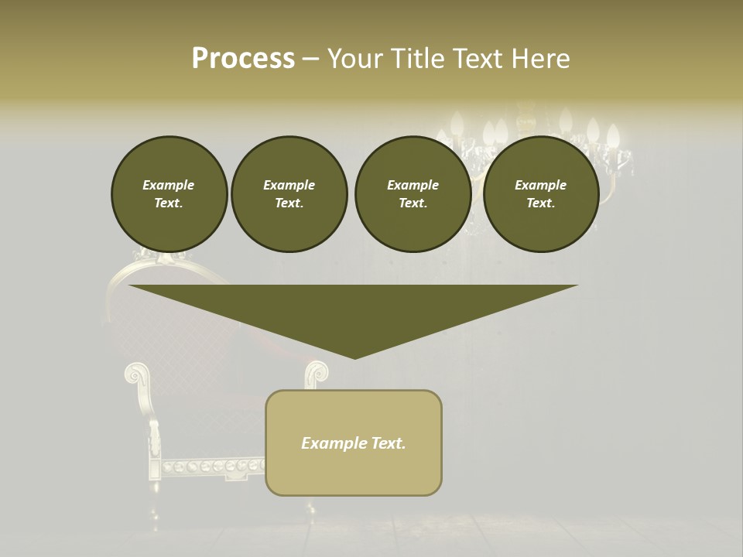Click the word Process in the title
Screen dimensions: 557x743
[x=243, y=59]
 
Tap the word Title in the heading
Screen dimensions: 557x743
[x=419, y=59]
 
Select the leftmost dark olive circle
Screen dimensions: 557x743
[x=169, y=194]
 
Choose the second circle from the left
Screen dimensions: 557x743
[x=289, y=194]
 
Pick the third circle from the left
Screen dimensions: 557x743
[x=413, y=194]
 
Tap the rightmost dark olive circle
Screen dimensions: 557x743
[x=540, y=194]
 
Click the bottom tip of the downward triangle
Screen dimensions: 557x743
[x=354, y=357]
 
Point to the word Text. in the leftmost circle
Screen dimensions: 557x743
[x=169, y=203]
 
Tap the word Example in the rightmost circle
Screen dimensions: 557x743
[x=540, y=185]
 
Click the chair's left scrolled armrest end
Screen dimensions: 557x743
[x=136, y=375]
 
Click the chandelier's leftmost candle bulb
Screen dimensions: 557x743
[x=457, y=124]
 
